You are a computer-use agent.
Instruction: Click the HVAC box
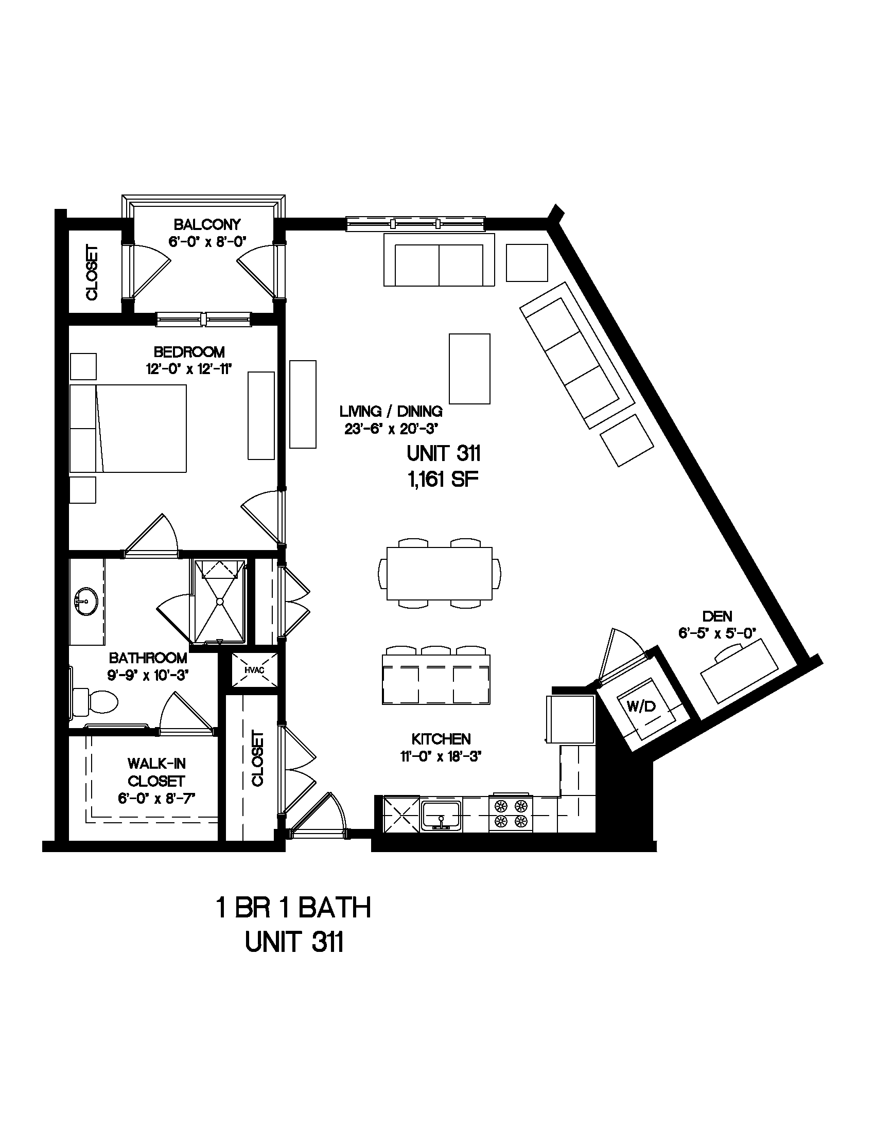254,669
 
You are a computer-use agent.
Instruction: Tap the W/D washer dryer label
641,706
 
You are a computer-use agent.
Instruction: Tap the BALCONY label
207,224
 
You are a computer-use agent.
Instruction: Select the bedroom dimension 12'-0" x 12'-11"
188,369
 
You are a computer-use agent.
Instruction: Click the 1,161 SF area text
443,480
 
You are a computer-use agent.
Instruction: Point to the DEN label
717,616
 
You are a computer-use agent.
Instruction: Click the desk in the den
740,671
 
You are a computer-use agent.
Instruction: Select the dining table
440,573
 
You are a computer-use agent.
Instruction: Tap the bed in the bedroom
128,428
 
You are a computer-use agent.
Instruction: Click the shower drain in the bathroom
220,602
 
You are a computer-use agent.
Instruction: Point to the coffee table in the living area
469,368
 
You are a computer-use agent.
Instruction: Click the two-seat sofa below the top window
439,260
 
